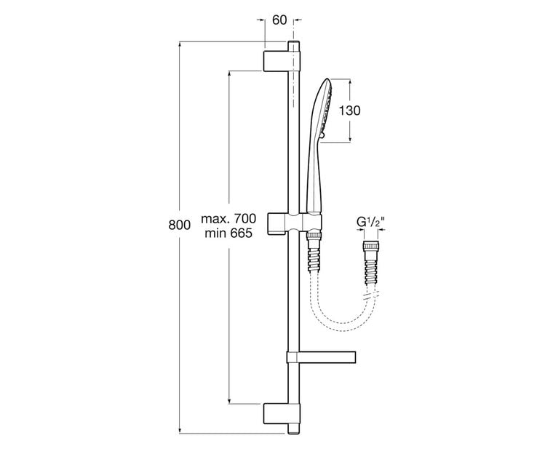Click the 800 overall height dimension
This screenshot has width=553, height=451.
click(180, 225)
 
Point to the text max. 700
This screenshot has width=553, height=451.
click(229, 218)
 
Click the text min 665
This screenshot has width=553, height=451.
click(228, 233)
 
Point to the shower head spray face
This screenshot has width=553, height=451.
click(330, 105)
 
